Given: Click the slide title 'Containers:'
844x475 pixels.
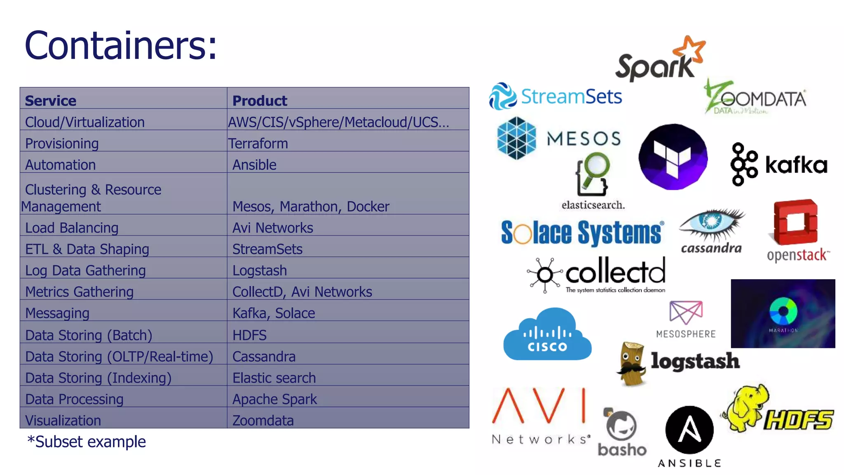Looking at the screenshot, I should coord(120,45).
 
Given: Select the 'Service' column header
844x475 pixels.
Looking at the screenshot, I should coord(51,101).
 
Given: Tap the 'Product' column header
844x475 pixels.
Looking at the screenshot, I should coord(260,101).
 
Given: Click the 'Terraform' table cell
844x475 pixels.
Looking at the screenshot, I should coord(258,143).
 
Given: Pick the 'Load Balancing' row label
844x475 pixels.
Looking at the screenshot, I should coord(72,228).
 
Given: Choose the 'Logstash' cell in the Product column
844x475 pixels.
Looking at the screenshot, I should coord(260,270).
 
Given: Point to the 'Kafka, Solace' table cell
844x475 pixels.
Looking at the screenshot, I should coord(274,313).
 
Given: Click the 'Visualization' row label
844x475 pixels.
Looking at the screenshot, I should coord(63,421).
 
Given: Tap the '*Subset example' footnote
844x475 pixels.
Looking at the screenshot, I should coord(87,442).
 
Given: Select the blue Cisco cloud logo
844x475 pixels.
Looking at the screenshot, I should coord(547,335).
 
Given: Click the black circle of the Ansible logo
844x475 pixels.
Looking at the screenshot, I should coord(689,430).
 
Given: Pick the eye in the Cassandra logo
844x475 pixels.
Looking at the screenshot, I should coord(711,222).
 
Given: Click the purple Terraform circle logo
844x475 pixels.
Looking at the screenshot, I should coord(673,157).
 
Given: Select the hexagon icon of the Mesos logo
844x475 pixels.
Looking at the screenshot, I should coord(516,138).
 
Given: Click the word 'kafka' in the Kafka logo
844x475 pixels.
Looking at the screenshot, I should coord(796,165).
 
